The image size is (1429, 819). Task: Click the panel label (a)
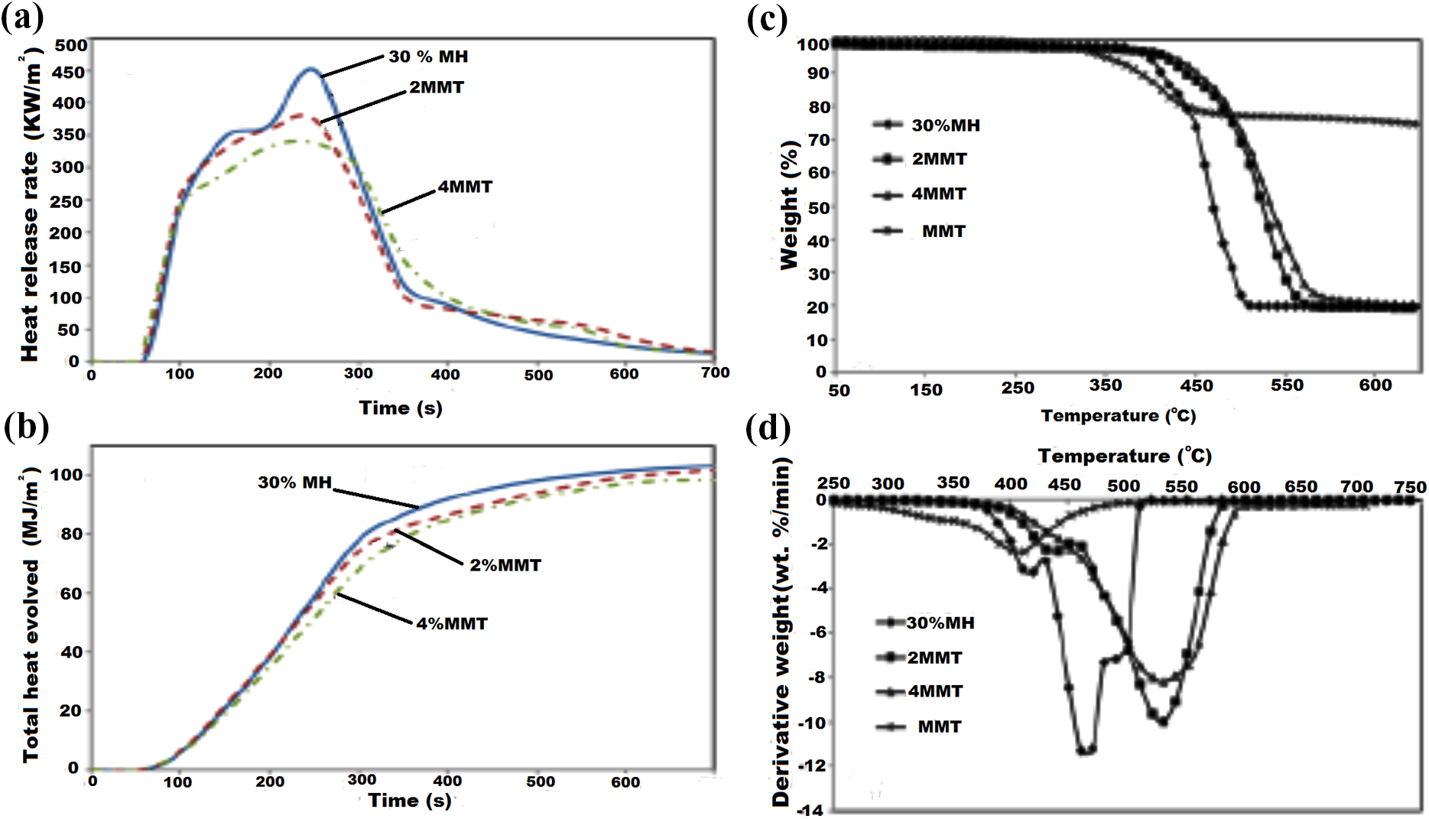pyautogui.click(x=23, y=17)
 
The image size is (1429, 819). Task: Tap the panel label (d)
pyautogui.click(x=768, y=428)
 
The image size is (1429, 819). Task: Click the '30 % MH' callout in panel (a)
pyautogui.click(x=428, y=57)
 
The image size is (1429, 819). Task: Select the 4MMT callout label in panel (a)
pyautogui.click(x=465, y=187)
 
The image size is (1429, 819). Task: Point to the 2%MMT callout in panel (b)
pyautogui.click(x=505, y=565)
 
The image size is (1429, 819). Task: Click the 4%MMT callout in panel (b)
pyautogui.click(x=452, y=623)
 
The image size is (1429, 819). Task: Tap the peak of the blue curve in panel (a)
pyautogui.click(x=310, y=69)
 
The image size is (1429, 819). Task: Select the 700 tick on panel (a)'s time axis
pyautogui.click(x=716, y=372)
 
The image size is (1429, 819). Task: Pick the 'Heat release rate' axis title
pyautogui.click(x=29, y=257)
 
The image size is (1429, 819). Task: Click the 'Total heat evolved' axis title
pyautogui.click(x=30, y=661)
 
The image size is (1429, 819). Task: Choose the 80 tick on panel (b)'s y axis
pyautogui.click(x=71, y=534)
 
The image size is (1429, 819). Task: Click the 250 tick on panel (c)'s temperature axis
pyautogui.click(x=1018, y=388)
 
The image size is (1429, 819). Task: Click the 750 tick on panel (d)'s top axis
pyautogui.click(x=1410, y=487)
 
